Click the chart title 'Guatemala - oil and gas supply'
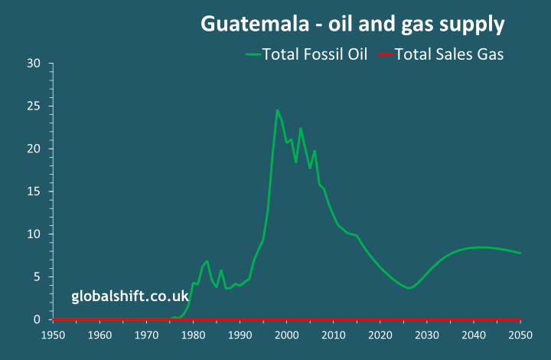click(x=353, y=24)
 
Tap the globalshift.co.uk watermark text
click(x=130, y=296)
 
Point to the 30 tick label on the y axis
click(x=33, y=64)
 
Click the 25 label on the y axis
click(x=33, y=106)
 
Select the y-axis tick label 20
click(x=33, y=149)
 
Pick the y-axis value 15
click(x=33, y=191)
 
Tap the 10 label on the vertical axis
click(x=33, y=234)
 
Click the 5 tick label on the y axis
click(x=36, y=277)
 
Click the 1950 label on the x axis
click(x=53, y=335)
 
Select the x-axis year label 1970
click(x=146, y=335)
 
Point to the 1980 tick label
click(x=193, y=335)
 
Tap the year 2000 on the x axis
click(x=286, y=335)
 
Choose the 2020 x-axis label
click(x=380, y=335)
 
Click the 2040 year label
click(x=474, y=335)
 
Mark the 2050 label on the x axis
click(x=520, y=335)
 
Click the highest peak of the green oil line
click(x=277, y=110)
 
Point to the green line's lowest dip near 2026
click(x=409, y=288)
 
